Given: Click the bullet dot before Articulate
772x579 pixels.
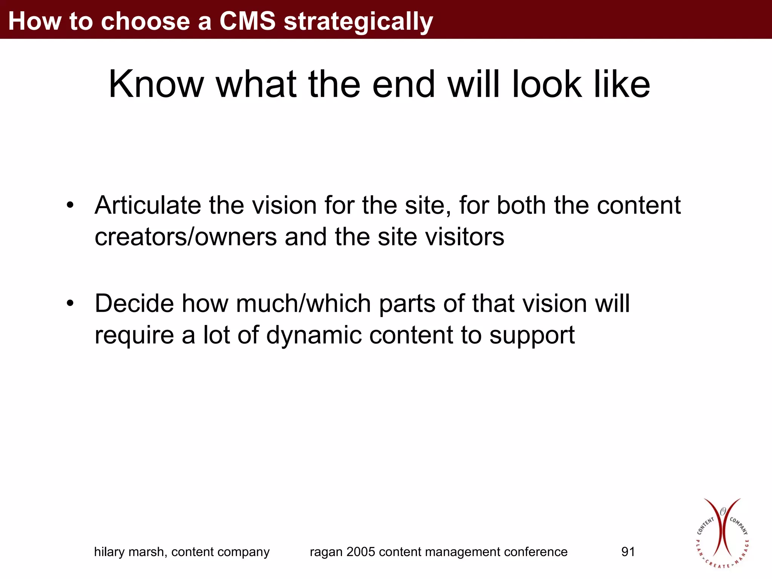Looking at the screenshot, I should [70, 205].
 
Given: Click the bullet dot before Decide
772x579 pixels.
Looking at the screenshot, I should [70, 303].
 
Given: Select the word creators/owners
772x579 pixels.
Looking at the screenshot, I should [186, 237].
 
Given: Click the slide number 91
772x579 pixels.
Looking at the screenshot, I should [628, 552].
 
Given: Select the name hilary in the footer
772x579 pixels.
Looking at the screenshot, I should [109, 552].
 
